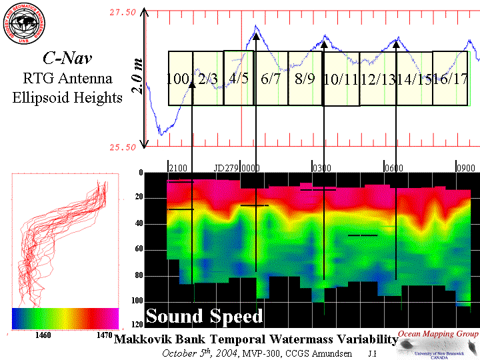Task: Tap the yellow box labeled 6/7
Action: [x=271, y=78]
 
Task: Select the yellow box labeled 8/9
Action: [x=305, y=78]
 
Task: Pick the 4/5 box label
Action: [x=239, y=77]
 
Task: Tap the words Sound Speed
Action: [x=204, y=316]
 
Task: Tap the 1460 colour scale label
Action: [x=43, y=335]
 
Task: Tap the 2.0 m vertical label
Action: [x=137, y=79]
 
